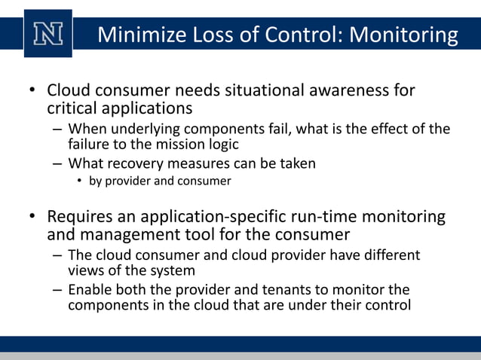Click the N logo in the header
[x=48, y=34]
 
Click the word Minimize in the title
[x=142, y=35]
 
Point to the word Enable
[x=89, y=290]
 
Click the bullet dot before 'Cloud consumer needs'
[x=32, y=91]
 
